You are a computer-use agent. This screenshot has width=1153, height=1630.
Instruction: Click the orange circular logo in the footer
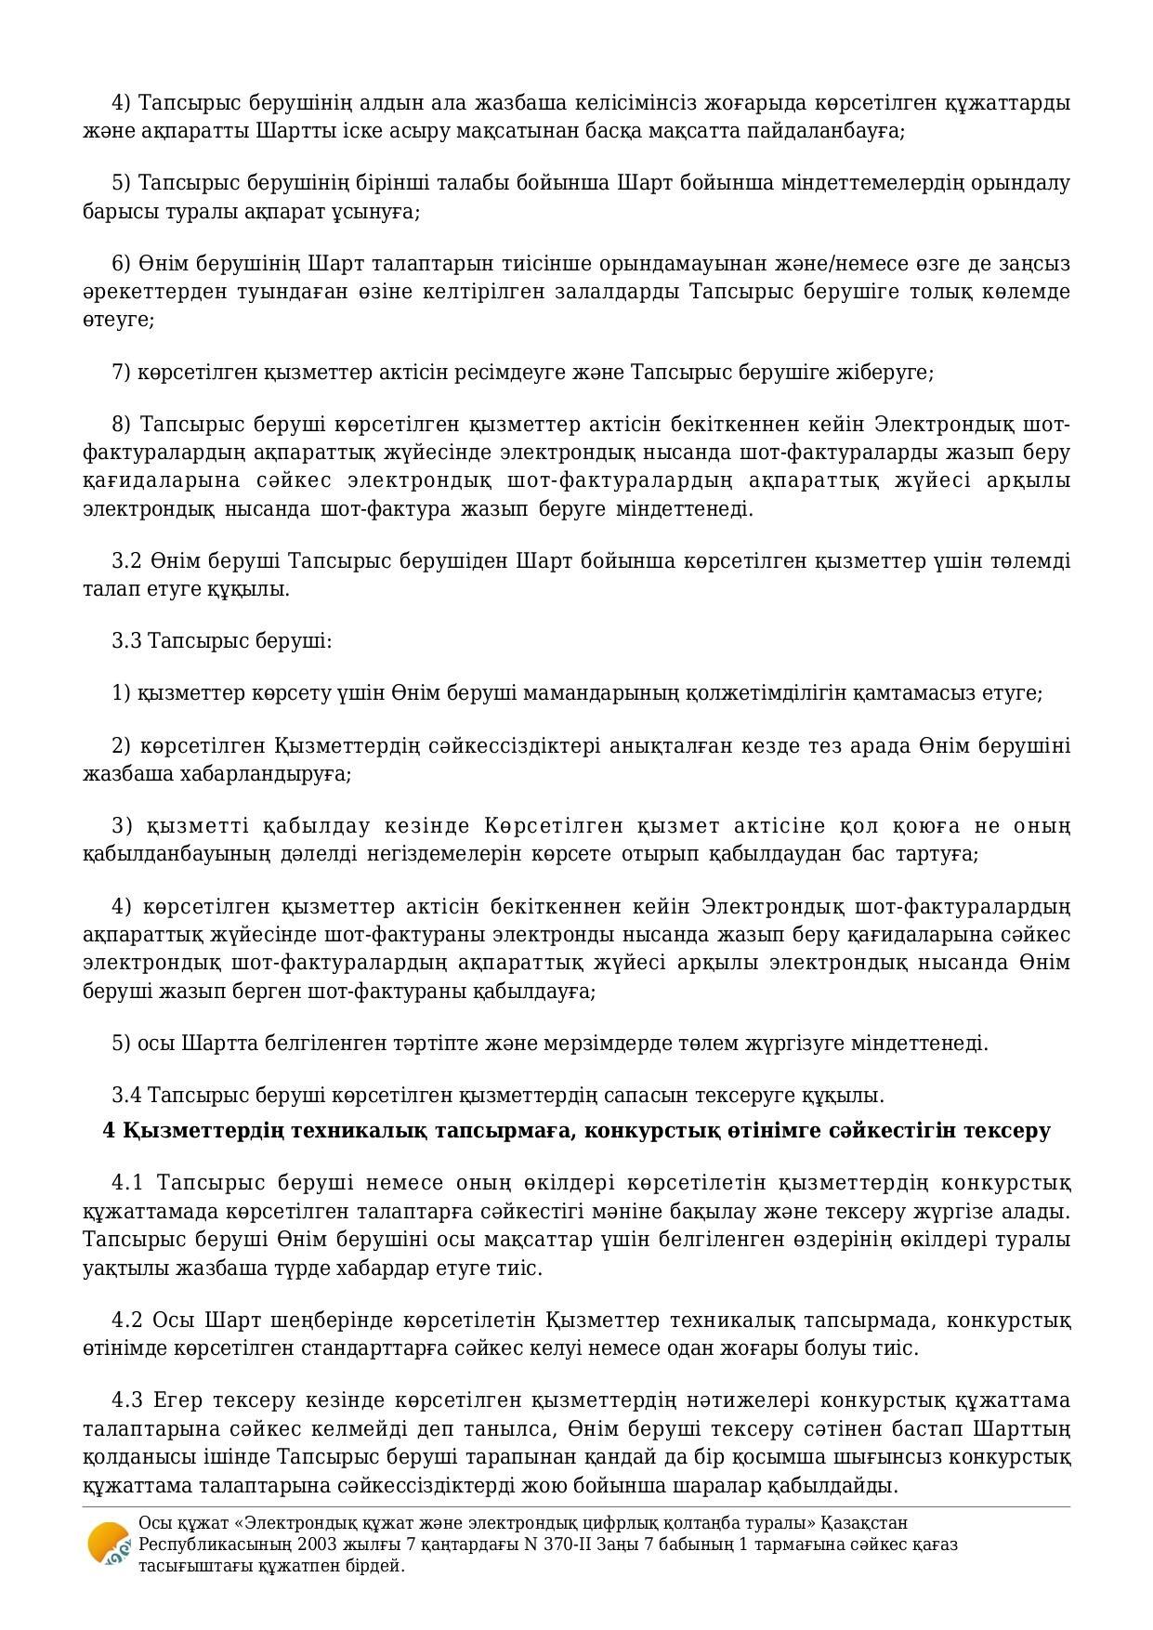(109, 1544)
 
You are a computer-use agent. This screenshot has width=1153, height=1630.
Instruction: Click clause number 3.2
(126, 561)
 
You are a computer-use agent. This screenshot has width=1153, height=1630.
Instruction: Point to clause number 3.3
(126, 641)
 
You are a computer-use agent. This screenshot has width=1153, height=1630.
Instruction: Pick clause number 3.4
(126, 1096)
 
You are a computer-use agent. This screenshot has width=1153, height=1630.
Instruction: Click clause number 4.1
(128, 1183)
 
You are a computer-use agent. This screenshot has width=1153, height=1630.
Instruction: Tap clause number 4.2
(128, 1321)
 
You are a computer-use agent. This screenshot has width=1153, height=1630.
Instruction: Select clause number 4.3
(128, 1400)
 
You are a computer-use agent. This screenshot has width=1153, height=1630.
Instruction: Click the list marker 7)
(122, 373)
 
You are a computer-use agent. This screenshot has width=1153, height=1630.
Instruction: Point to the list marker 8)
(122, 425)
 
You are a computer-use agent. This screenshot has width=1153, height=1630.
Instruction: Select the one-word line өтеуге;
(118, 320)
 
